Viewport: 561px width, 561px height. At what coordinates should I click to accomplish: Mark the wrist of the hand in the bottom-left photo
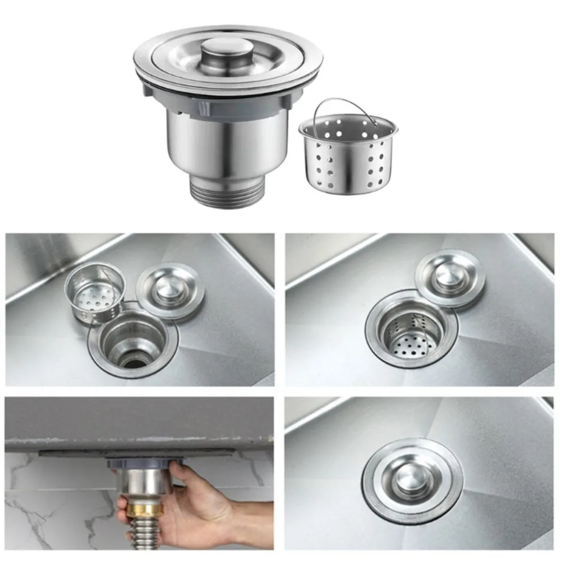click(247, 519)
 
